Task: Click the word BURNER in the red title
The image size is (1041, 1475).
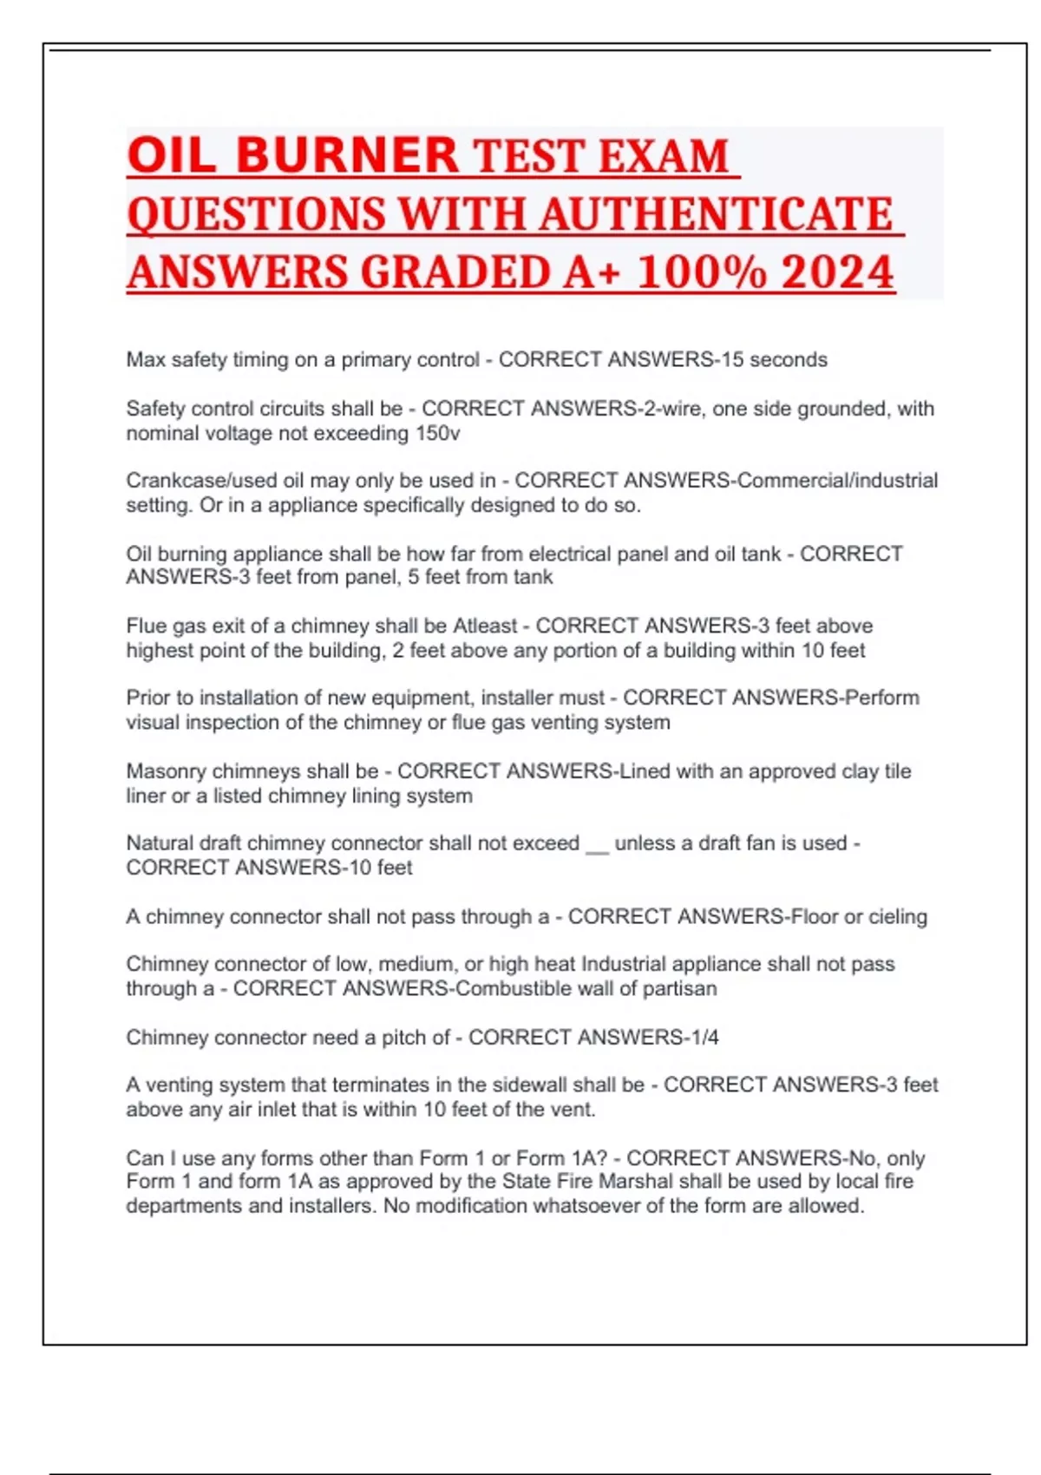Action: tap(346, 155)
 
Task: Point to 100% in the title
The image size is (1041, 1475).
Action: tap(702, 272)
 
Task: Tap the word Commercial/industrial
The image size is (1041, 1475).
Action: tap(837, 481)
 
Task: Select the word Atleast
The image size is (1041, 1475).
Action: tap(485, 626)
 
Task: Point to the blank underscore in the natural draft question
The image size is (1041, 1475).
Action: tap(597, 843)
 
